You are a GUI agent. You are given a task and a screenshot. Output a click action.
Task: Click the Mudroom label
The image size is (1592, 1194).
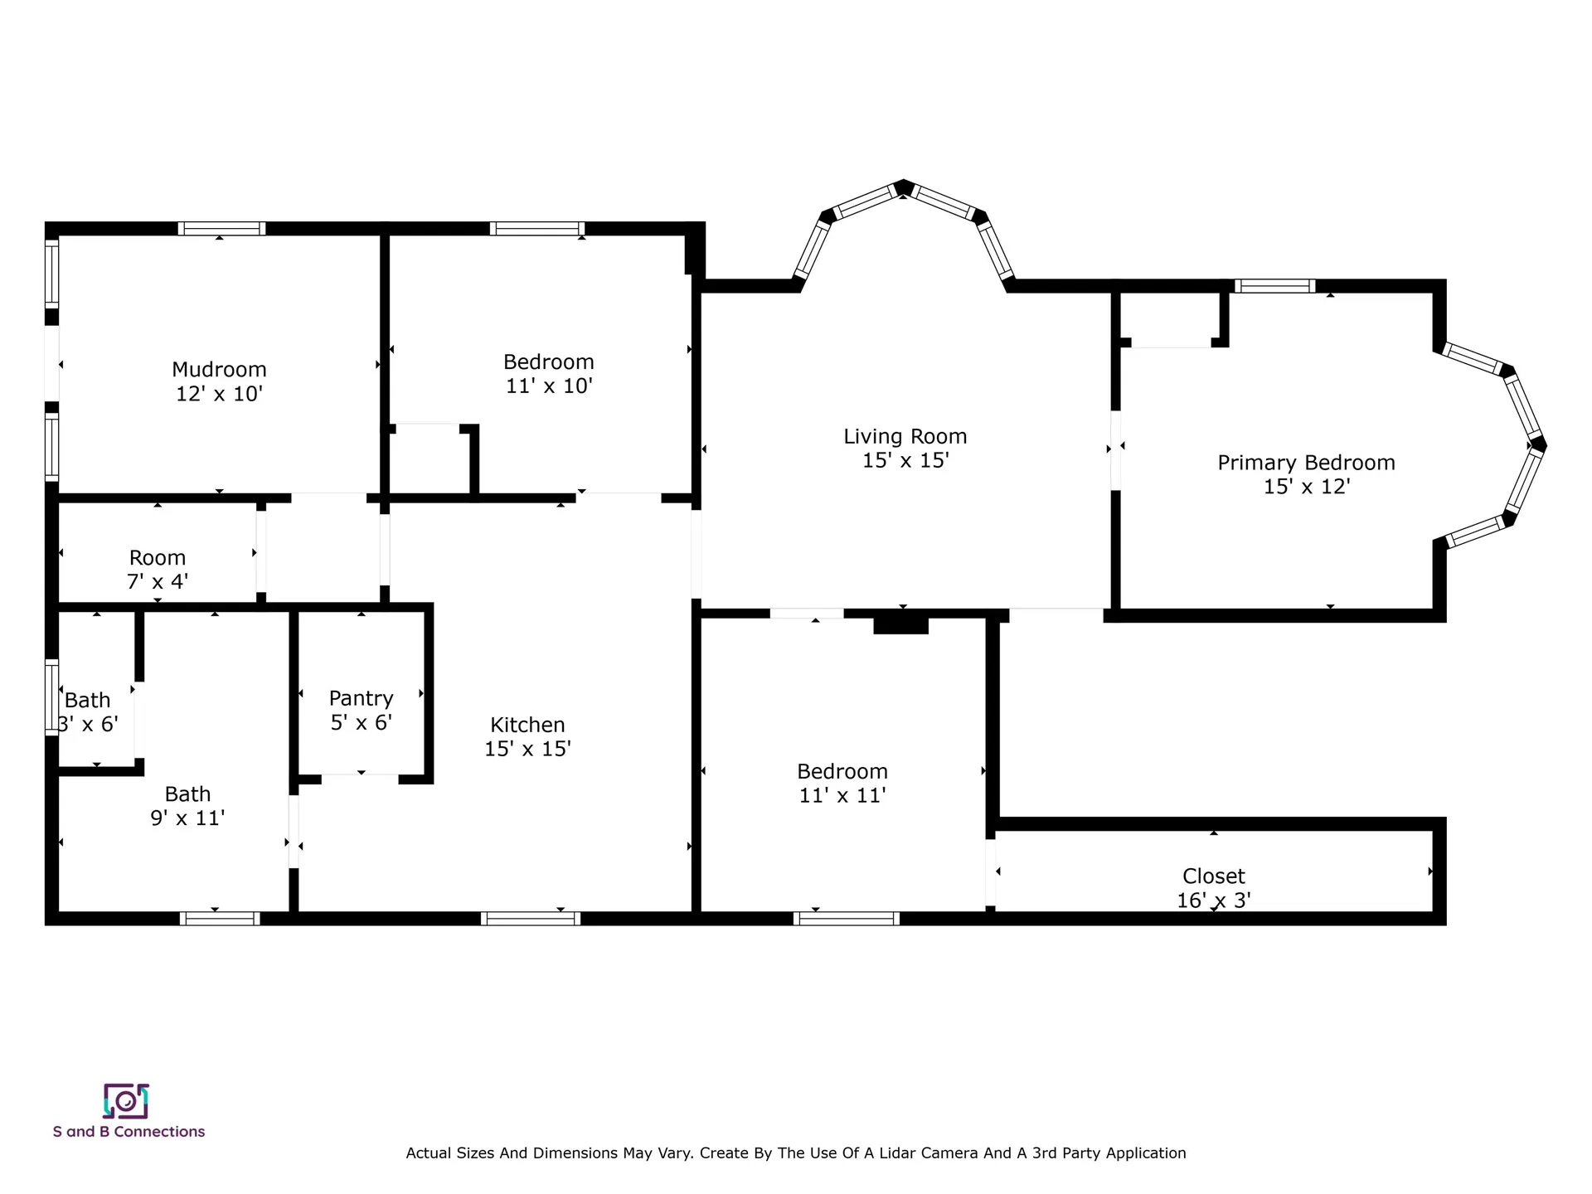click(219, 370)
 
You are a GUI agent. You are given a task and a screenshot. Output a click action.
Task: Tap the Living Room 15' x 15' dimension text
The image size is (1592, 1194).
click(905, 460)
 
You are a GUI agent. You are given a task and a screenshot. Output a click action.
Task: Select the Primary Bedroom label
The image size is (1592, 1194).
click(1306, 463)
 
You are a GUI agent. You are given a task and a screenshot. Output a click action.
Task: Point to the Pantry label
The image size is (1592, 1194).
click(361, 698)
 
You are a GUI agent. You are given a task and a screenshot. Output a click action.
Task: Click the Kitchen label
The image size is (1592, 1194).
click(527, 725)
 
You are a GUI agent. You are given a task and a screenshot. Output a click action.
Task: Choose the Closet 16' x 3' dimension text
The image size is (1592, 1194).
click(1214, 900)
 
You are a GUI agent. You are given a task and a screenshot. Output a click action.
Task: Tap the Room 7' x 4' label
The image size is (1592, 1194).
click(158, 570)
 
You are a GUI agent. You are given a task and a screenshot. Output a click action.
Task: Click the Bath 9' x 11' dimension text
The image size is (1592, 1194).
click(188, 818)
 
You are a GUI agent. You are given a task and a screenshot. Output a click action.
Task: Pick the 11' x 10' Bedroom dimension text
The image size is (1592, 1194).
click(549, 386)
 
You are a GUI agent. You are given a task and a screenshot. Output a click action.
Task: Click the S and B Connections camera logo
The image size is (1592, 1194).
click(126, 1101)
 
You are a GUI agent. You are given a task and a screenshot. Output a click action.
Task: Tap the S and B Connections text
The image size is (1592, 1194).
click(129, 1132)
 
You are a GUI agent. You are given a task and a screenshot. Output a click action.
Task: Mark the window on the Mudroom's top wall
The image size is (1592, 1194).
click(221, 229)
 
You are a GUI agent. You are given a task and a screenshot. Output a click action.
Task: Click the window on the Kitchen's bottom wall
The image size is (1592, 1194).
click(531, 918)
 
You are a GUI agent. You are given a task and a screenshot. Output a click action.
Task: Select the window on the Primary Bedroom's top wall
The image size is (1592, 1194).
click(1274, 286)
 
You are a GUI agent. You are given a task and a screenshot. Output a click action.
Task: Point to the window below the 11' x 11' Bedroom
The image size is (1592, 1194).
click(847, 918)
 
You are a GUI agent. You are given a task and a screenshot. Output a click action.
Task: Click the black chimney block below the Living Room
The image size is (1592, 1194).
click(900, 623)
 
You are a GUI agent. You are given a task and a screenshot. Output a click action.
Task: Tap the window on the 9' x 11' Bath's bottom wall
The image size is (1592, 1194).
click(220, 918)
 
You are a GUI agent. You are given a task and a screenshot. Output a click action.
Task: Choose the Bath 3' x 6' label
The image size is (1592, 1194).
click(88, 712)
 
